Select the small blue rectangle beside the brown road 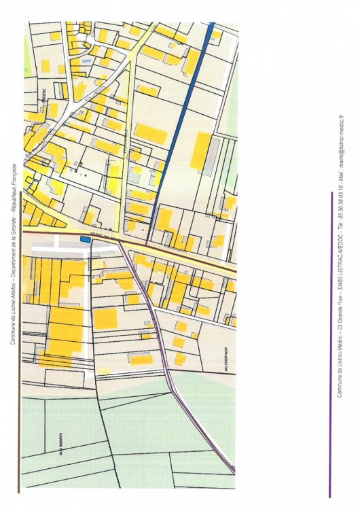pos(84,239)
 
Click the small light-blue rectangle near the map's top pos(84,60)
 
